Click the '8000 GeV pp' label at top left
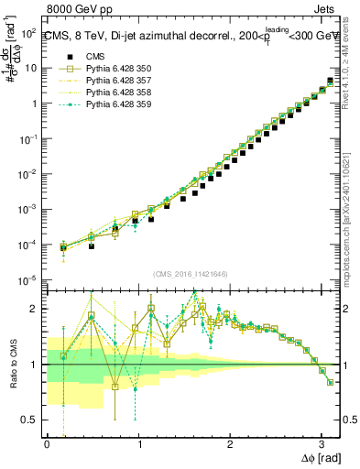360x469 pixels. pyautogui.click(x=73, y=11)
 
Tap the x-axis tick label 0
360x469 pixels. pyautogui.click(x=47, y=444)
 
